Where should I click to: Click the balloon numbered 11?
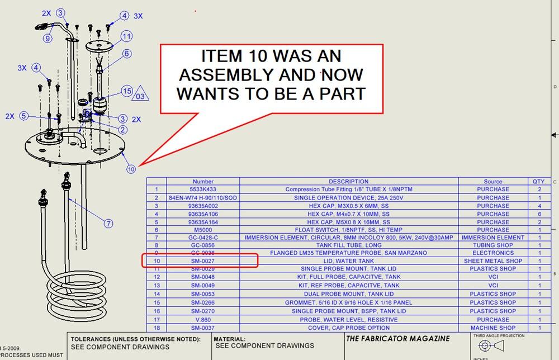point(127,36)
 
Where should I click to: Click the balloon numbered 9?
point(48,39)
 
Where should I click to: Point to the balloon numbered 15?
point(127,91)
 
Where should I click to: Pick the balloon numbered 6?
point(127,54)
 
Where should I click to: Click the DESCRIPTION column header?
point(348,181)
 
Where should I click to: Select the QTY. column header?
point(539,181)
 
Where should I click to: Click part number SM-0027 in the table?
point(203,260)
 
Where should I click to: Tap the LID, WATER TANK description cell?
point(348,260)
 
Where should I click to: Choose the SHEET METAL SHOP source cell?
point(492,260)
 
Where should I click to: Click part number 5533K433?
point(203,189)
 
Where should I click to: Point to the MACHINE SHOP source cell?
point(492,328)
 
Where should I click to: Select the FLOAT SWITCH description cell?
point(348,229)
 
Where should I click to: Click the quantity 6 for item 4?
point(539,214)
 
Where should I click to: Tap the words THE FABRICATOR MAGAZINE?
point(397,339)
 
